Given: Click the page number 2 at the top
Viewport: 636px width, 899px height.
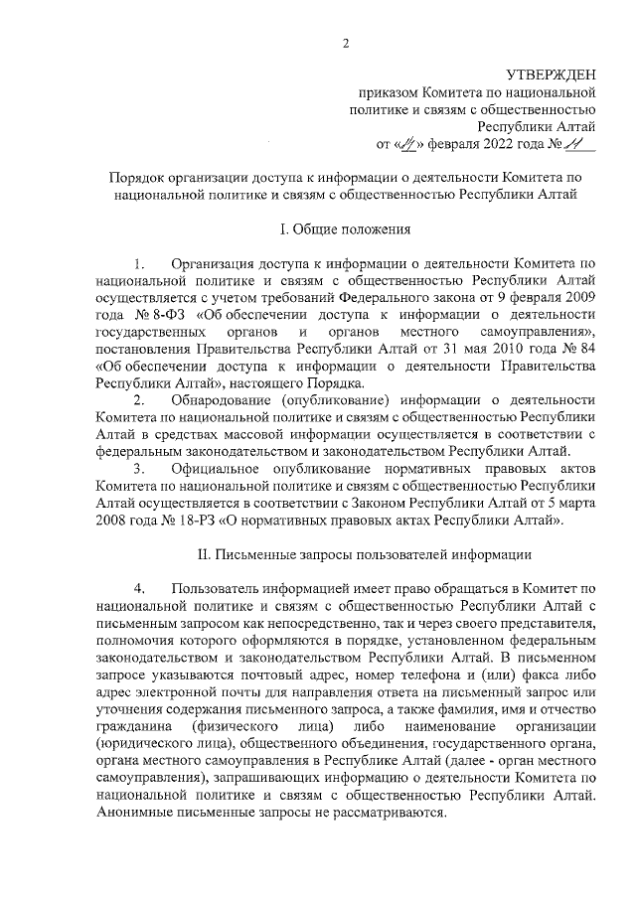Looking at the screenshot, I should [x=346, y=43].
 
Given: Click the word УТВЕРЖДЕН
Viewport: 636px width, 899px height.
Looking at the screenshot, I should [x=551, y=75].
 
